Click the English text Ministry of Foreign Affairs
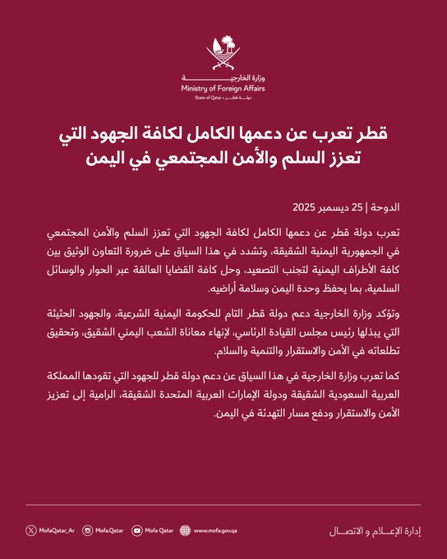pyautogui.click(x=223, y=88)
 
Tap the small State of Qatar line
pyautogui.click(x=223, y=98)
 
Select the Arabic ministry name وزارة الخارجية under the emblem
pyautogui.click(x=223, y=77)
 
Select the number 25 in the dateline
pyautogui.click(x=368, y=205)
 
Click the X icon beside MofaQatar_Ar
pyautogui.click(x=30, y=531)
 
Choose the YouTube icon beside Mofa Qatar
pyautogui.click(x=136, y=531)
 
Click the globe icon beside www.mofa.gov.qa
pyautogui.click(x=184, y=531)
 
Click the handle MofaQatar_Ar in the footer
pyautogui.click(x=58, y=531)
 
